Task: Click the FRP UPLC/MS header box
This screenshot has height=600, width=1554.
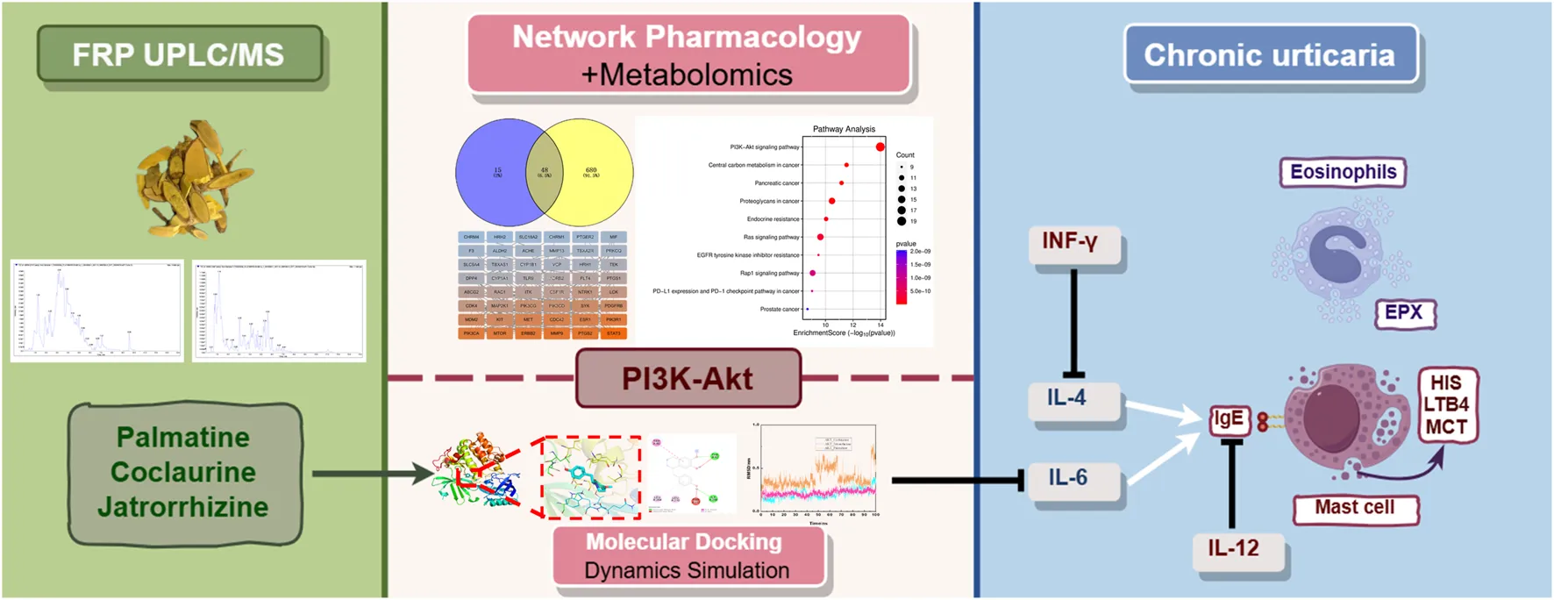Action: click(x=179, y=54)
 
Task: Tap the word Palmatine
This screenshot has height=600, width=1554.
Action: click(x=182, y=437)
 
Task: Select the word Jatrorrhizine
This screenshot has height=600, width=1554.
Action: click(x=182, y=506)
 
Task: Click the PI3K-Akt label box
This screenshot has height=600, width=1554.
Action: click(x=688, y=378)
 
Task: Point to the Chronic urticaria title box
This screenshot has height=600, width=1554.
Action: click(x=1269, y=54)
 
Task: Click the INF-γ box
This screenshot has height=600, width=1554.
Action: click(x=1071, y=241)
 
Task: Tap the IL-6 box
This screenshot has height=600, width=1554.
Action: click(x=1069, y=478)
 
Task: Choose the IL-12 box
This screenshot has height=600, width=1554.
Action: click(x=1233, y=548)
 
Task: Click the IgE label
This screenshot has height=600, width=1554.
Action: click(x=1228, y=419)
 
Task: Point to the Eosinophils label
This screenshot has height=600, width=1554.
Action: click(x=1343, y=172)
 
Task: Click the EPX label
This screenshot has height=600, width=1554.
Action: click(x=1403, y=312)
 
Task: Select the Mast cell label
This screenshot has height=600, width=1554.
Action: click(x=1355, y=507)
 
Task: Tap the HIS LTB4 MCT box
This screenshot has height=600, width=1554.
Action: click(x=1446, y=405)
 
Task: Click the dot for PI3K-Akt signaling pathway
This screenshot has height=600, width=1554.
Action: click(x=880, y=146)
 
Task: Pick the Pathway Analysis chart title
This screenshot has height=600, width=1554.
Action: click(x=844, y=129)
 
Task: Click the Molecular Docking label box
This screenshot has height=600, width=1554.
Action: click(x=687, y=555)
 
